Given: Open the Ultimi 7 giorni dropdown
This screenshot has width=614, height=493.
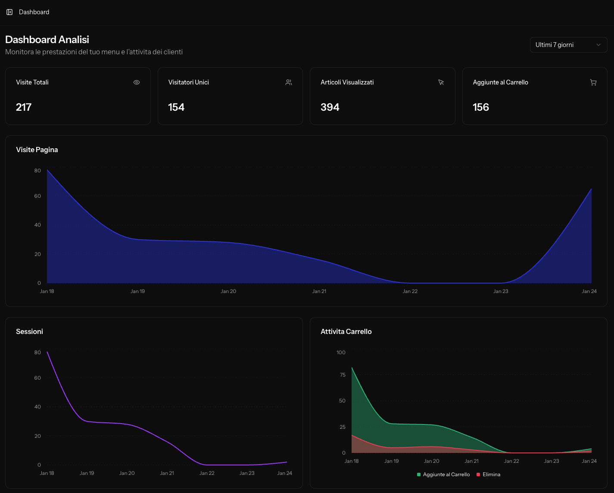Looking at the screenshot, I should tap(568, 45).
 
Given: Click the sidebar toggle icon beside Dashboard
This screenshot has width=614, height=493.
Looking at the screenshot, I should tap(9, 12).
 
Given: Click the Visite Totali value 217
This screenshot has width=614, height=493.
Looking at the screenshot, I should tap(24, 107).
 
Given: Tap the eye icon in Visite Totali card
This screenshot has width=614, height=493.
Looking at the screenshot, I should tap(137, 82).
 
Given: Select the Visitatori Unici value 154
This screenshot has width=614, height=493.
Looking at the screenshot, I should tap(176, 107).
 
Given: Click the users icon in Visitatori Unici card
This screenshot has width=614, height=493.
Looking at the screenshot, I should tap(289, 82).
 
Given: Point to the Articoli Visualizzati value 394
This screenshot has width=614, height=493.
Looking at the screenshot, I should tap(330, 107).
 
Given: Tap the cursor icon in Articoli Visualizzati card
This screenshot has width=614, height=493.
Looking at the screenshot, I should tap(441, 82).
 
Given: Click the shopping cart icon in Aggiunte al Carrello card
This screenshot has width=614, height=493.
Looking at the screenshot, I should tap(593, 82).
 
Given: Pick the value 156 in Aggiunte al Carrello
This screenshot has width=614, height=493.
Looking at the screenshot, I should tap(481, 107).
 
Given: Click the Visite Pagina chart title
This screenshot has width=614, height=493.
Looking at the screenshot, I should tap(37, 150).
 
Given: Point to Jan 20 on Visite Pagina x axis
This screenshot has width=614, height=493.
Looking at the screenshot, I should tap(228, 291).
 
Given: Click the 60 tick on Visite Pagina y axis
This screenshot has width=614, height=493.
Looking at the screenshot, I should tap(37, 196).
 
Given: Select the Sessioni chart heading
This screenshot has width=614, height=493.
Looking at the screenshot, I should tap(29, 331).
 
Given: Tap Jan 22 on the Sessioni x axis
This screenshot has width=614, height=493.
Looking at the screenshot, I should tap(207, 473).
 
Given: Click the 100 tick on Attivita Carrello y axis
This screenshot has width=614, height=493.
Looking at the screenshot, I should tap(341, 353).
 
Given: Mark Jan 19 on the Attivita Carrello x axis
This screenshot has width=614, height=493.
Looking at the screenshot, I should tap(391, 461).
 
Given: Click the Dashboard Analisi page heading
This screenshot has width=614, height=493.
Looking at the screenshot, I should tap(47, 40).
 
